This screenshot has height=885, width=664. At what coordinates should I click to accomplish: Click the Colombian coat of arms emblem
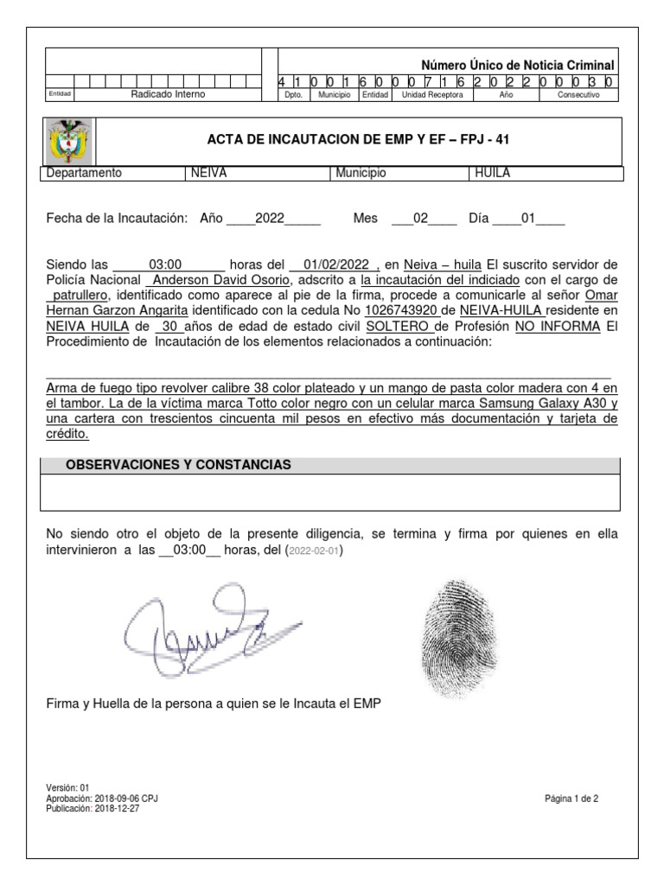68,141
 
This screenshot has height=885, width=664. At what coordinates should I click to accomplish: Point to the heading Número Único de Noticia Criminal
517,66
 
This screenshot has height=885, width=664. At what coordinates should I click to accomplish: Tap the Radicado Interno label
168,94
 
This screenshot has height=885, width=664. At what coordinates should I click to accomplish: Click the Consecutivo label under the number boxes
577,95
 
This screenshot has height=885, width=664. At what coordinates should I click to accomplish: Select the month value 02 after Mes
422,220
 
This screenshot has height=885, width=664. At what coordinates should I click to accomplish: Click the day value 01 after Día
528,220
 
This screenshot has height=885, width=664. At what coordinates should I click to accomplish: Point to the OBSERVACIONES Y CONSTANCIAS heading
179,465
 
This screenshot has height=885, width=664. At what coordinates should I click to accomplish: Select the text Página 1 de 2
571,799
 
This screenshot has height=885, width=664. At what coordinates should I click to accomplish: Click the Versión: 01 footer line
67,787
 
